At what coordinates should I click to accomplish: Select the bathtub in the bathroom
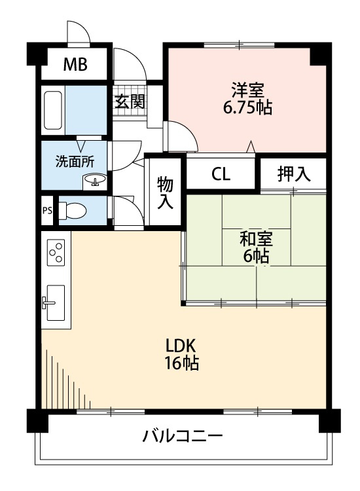(53, 111)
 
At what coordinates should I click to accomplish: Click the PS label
(47, 211)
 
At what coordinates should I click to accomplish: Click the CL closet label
(221, 174)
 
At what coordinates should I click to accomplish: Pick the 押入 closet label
(293, 174)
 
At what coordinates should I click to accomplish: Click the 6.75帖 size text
(247, 107)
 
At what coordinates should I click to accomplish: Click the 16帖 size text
(181, 364)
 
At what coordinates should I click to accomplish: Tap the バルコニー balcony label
(183, 437)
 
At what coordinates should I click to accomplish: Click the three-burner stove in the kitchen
(56, 253)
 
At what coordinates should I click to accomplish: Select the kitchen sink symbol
(55, 302)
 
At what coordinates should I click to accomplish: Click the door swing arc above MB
(78, 31)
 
